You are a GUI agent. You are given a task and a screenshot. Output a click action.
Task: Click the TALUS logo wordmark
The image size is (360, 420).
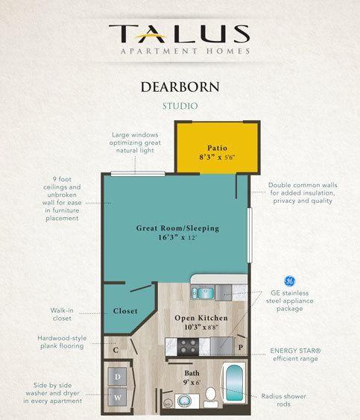coord(180,34)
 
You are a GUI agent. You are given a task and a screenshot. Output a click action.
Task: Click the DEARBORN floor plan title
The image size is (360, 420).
coord(180,87)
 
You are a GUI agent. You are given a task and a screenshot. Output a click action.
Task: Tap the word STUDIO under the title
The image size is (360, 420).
coord(180,106)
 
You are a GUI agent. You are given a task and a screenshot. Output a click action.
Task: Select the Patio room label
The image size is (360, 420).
coord(217,148)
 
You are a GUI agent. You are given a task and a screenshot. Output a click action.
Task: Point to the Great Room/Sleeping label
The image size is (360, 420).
coord(177,228)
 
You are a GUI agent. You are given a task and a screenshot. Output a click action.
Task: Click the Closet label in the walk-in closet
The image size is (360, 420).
coord(125,311)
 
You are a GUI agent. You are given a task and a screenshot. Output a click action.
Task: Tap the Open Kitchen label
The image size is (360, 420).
coord(201,318)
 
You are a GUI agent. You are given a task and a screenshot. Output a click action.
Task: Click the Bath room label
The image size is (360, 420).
coord(192,373)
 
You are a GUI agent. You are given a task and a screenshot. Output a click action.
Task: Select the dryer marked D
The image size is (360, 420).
coord(117,377)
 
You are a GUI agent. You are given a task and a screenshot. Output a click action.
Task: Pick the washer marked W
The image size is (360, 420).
coord(117,397)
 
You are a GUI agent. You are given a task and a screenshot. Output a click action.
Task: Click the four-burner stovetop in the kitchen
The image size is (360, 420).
coord(188,346)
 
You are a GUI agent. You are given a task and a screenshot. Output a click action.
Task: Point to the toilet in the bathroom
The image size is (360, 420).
coord(211,397)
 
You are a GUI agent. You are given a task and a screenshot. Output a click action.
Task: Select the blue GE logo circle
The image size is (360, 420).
coord(289,281)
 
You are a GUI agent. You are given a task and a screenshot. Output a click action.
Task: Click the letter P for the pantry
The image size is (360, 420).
coord(241,348)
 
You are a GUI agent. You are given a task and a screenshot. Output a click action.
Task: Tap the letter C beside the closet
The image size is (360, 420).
coord(116,350)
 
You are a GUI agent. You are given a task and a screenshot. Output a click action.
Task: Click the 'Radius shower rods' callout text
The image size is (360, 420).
coord(284,400)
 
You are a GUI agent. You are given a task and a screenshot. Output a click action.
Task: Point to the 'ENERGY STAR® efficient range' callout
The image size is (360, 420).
coord(295,354)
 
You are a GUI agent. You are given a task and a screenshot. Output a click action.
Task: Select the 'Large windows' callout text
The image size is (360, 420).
coord(135,142)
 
